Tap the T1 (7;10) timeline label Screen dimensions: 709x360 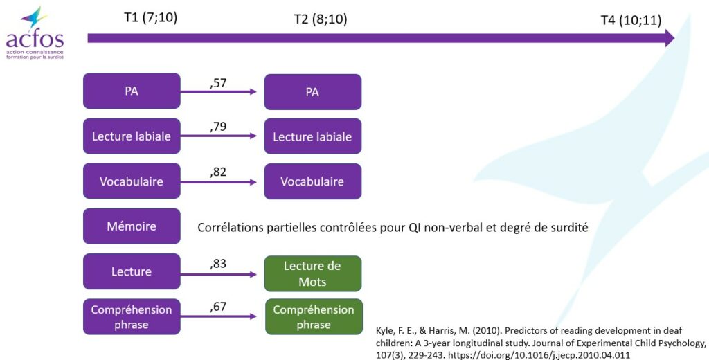click(150, 17)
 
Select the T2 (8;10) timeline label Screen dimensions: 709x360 click(321, 19)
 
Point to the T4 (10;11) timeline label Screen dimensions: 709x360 click(631, 20)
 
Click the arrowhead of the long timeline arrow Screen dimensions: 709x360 click(668, 38)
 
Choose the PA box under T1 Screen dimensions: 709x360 click(132, 91)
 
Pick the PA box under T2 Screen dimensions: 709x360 click(313, 92)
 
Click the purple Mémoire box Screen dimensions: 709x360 click(132, 226)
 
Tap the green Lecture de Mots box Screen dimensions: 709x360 click(313, 273)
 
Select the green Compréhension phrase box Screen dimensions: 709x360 click(314, 316)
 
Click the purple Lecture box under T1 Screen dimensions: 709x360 click(132, 271)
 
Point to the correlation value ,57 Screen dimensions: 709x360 click(218, 83)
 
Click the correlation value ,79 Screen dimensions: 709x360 click(218, 127)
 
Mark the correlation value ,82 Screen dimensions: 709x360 click(218, 172)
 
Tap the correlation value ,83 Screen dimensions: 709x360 click(218, 264)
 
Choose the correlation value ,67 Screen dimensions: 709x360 click(218, 307)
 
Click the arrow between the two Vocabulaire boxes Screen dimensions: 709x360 click(218, 182)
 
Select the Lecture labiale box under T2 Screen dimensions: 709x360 click(313, 136)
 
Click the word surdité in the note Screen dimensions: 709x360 click(569, 227)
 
